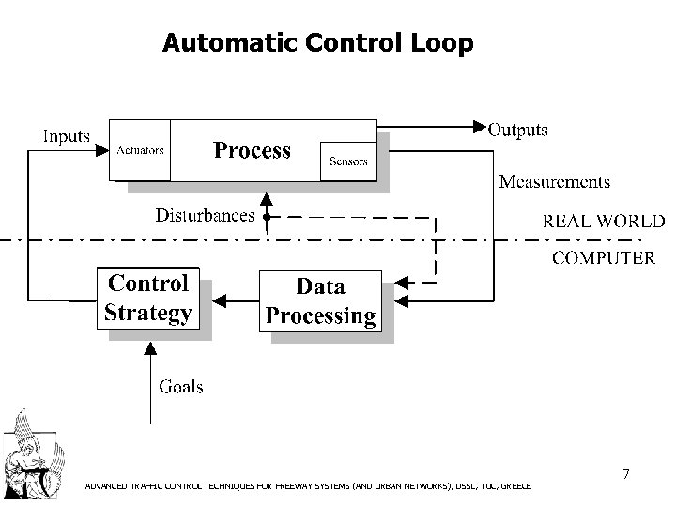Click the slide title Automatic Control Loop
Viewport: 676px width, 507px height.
click(x=317, y=43)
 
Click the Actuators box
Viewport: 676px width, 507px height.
click(x=141, y=150)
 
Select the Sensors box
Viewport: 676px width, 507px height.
click(x=348, y=161)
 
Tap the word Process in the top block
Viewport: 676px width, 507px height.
click(x=252, y=150)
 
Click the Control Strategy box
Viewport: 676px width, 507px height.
click(x=149, y=298)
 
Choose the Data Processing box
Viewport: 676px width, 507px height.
click(x=320, y=300)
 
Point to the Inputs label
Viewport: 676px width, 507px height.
click(x=66, y=137)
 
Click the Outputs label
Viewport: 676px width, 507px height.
click(x=519, y=131)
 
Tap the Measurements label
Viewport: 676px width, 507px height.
click(x=554, y=181)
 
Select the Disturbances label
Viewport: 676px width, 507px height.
click(x=205, y=216)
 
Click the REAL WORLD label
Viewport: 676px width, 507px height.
click(x=604, y=222)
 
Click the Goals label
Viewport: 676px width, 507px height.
click(x=180, y=386)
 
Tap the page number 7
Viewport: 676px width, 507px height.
click(x=625, y=475)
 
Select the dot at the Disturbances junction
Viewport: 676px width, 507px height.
click(x=267, y=217)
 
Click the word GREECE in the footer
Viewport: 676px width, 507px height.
click(x=517, y=486)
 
